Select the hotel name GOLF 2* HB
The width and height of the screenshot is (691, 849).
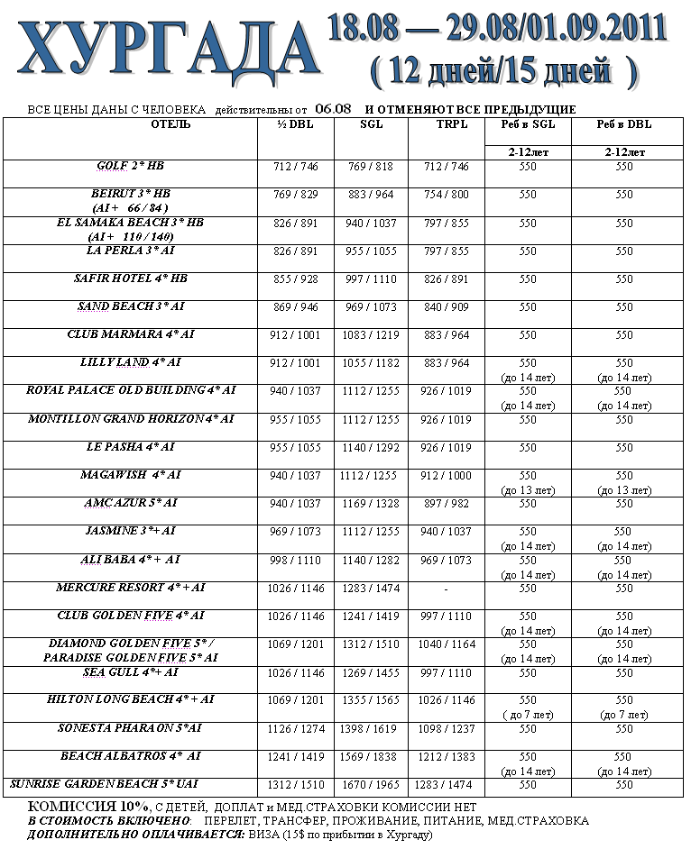pyautogui.click(x=131, y=167)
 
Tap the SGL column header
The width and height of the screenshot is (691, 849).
pyautogui.click(x=371, y=124)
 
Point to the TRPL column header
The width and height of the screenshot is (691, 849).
pyautogui.click(x=447, y=124)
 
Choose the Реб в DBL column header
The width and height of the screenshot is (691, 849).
pyautogui.click(x=623, y=124)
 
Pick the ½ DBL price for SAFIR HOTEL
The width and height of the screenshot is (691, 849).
pyautogui.click(x=295, y=279)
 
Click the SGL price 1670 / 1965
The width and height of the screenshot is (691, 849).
pyautogui.click(x=371, y=785)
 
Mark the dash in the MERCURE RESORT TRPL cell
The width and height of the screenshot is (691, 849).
pyautogui.click(x=447, y=588)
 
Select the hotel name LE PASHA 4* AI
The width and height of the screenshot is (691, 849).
pyautogui.click(x=131, y=447)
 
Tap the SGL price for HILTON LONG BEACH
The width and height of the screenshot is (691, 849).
pyautogui.click(x=371, y=700)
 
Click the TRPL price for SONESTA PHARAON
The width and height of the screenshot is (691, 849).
pyautogui.click(x=447, y=728)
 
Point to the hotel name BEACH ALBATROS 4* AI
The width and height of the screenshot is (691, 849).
pyautogui.click(x=131, y=756)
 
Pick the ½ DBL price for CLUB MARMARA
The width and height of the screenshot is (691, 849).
pyautogui.click(x=295, y=335)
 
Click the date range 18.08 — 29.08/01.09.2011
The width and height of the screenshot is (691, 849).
pyautogui.click(x=498, y=28)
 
